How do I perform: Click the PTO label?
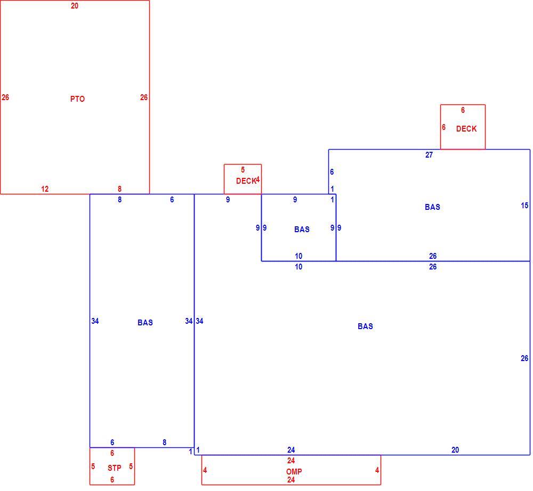click(77, 99)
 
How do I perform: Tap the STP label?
click(115, 468)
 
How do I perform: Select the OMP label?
click(294, 472)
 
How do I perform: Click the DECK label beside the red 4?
click(246, 181)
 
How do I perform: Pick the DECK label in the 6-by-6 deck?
click(466, 129)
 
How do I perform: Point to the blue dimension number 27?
click(429, 155)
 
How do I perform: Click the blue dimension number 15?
click(524, 206)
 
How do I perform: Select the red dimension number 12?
click(45, 189)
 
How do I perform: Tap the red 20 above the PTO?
click(75, 6)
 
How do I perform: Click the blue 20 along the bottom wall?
click(455, 450)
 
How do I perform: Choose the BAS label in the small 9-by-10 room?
click(302, 230)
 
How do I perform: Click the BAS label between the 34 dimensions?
click(145, 323)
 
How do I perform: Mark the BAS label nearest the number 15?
click(432, 207)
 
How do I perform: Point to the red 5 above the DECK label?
click(243, 170)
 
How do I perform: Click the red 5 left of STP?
click(93, 466)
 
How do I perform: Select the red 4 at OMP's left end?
click(205, 470)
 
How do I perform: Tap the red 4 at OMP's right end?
click(377, 470)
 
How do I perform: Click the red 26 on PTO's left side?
click(5, 97)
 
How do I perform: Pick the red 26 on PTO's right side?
click(144, 97)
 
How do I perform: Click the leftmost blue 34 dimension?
click(95, 321)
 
